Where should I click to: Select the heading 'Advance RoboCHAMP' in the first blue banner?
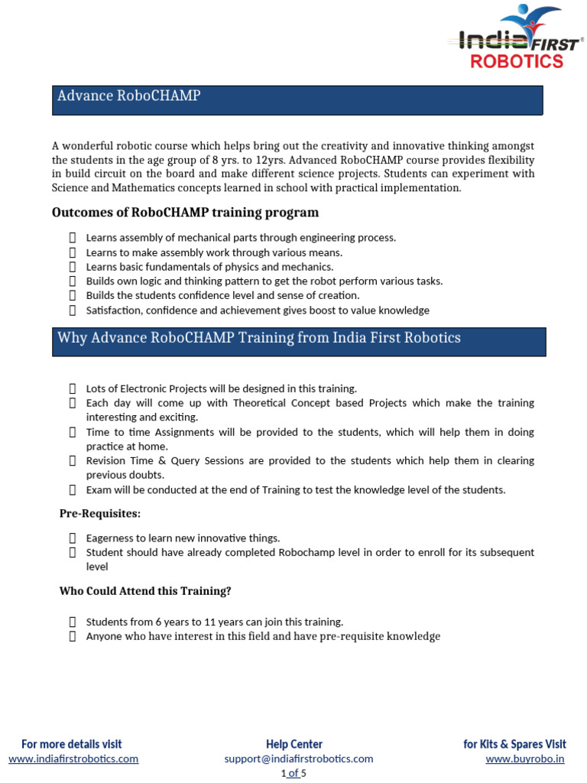pyautogui.click(x=128, y=96)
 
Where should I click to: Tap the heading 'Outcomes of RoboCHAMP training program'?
pyautogui.click(x=185, y=212)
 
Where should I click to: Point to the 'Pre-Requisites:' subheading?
pyautogui.click(x=100, y=513)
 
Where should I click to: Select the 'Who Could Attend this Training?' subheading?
pyautogui.click(x=145, y=591)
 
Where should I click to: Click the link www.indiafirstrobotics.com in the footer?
pyautogui.click(x=73, y=759)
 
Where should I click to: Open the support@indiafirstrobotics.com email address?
pyautogui.click(x=298, y=759)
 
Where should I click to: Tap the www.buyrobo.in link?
pyautogui.click(x=525, y=759)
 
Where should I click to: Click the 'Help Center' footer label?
pyautogui.click(x=294, y=744)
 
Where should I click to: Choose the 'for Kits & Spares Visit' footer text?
pyautogui.click(x=514, y=744)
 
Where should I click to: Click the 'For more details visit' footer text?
pyautogui.click(x=72, y=744)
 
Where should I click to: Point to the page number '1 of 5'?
pyautogui.click(x=294, y=773)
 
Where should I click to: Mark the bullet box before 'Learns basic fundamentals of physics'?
pyautogui.click(x=73, y=267)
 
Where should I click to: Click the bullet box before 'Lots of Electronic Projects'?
pyautogui.click(x=73, y=388)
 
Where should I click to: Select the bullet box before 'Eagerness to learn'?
pyautogui.click(x=73, y=538)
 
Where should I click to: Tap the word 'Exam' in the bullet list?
pyautogui.click(x=98, y=489)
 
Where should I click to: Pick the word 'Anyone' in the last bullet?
pyautogui.click(x=102, y=636)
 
